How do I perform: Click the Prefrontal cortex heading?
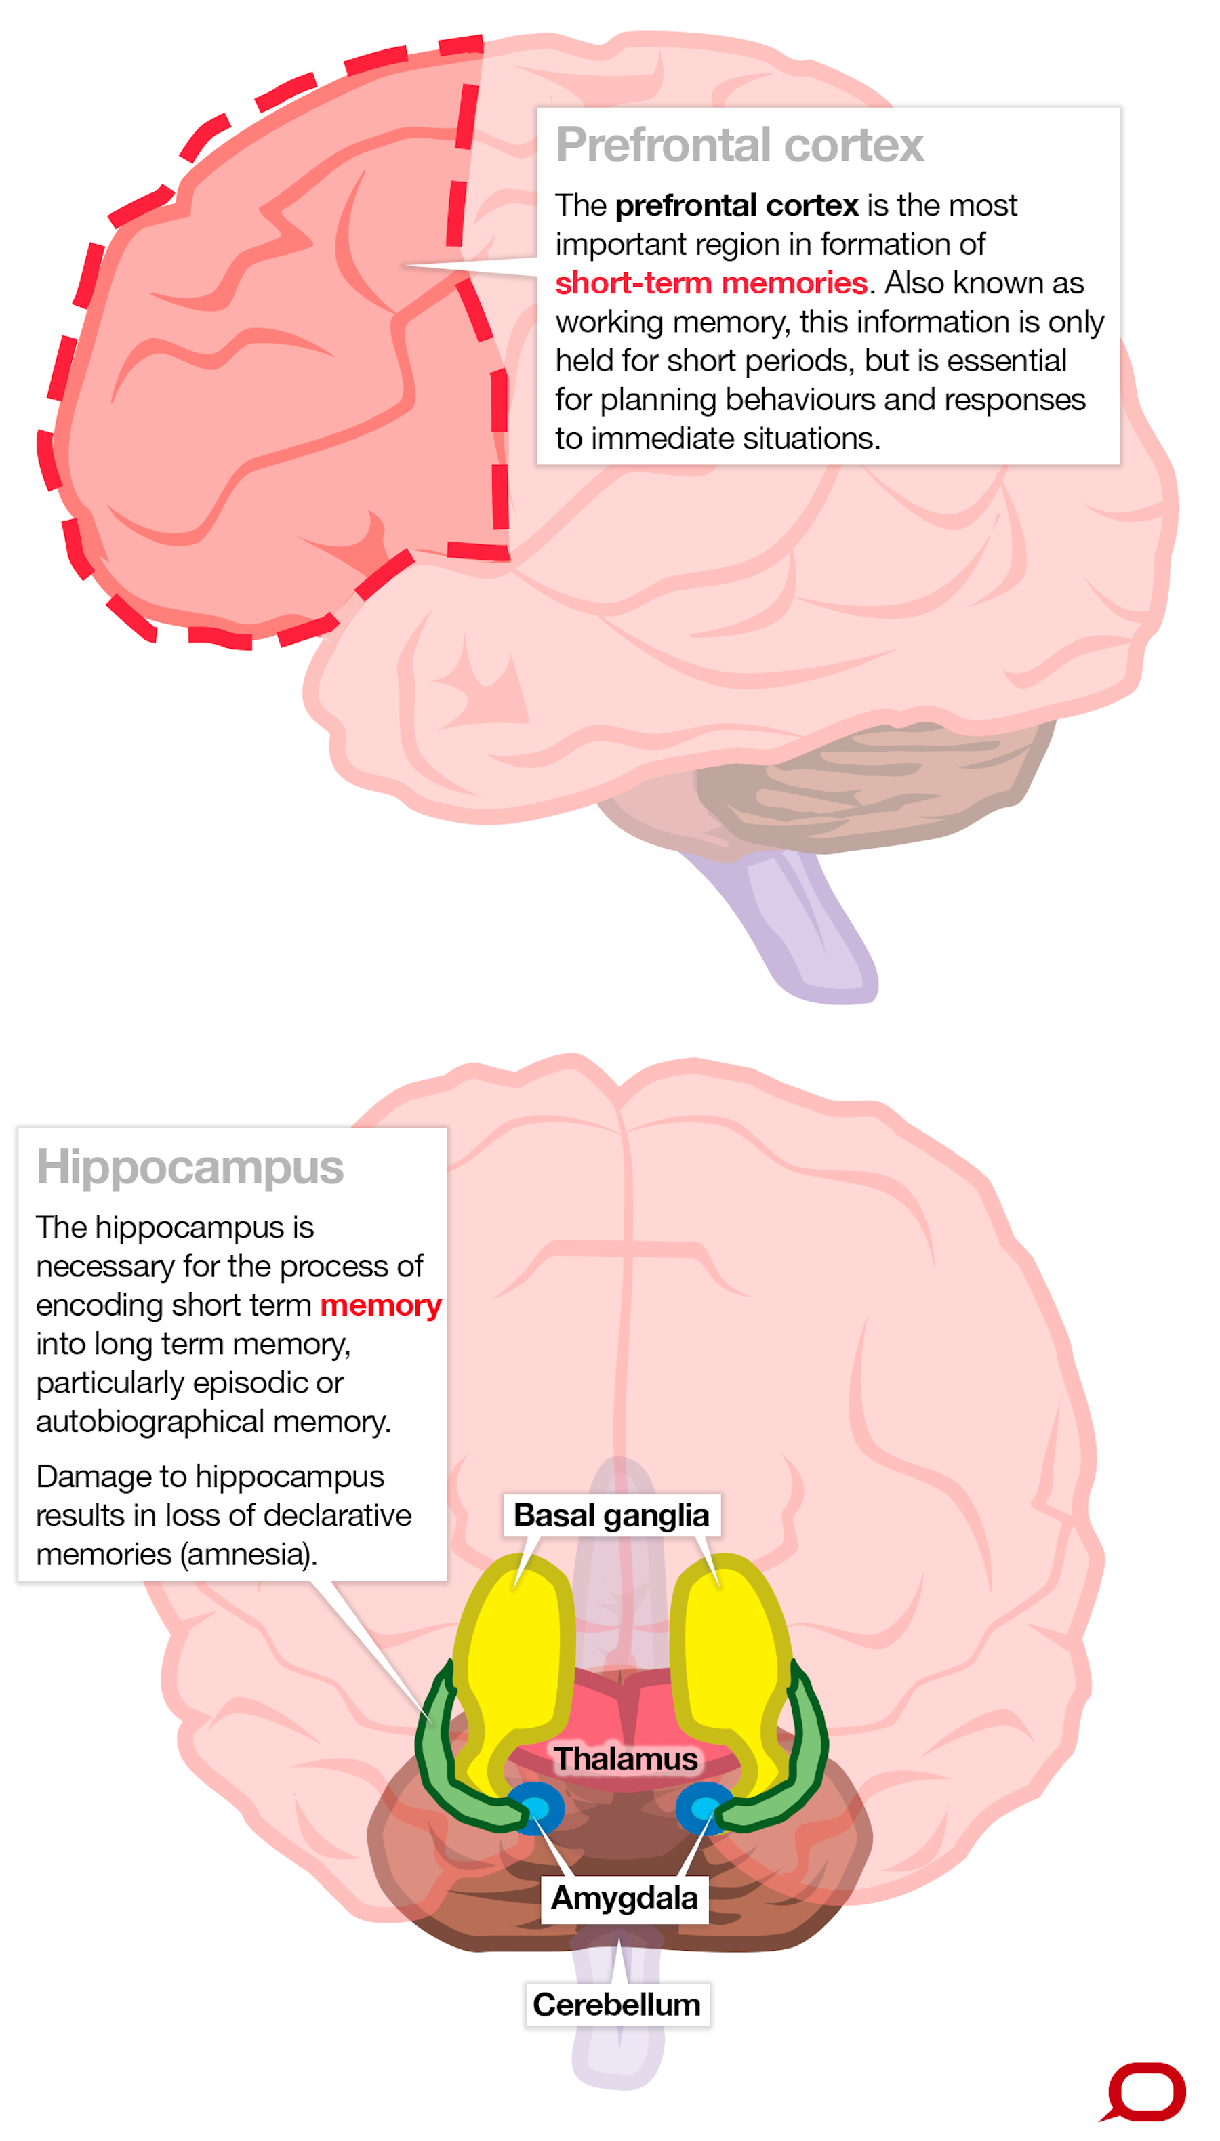pos(739,145)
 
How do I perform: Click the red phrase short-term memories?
pos(710,283)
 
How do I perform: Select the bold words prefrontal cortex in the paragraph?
pos(737,205)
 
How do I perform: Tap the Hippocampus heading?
pos(190,1167)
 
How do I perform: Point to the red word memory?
pos(380,1305)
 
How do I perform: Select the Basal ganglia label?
pos(611,1515)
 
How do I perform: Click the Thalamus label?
pos(625,1758)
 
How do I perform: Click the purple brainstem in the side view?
pos(805,930)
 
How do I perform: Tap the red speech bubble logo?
pos(1145,2092)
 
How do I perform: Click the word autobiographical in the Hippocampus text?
pos(152,1421)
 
